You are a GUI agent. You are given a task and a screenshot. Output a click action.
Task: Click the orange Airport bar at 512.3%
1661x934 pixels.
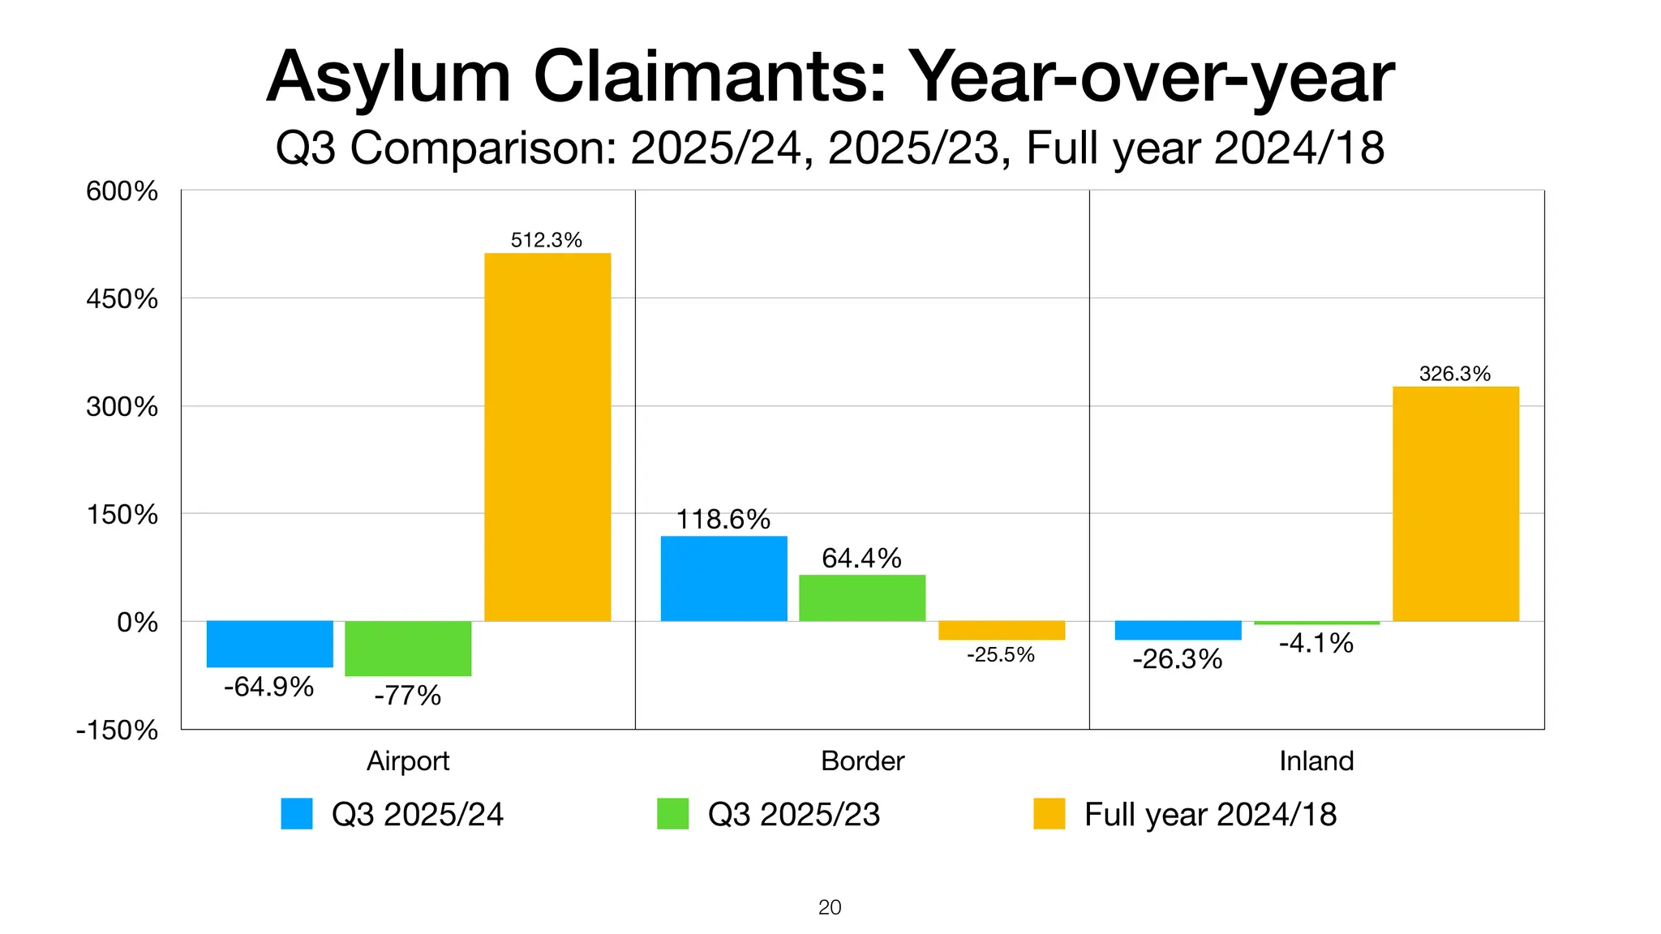(547, 437)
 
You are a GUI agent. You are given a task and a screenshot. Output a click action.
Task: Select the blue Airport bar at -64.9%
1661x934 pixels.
(270, 644)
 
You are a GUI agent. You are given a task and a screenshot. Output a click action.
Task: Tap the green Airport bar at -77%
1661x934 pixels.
(408, 648)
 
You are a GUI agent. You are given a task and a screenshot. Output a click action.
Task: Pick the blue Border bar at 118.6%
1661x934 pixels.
(723, 578)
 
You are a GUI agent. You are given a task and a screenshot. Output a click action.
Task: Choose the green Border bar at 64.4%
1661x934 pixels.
(862, 598)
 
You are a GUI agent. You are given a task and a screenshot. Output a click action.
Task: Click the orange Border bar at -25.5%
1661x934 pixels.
(1002, 630)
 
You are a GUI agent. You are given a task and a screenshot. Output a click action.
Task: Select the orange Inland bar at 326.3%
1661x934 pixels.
(1456, 503)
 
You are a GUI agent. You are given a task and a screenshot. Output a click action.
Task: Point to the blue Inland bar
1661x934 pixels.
(1178, 630)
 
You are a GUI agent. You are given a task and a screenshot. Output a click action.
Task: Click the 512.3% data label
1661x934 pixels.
(547, 240)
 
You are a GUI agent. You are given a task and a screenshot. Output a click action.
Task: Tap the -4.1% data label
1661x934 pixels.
(1316, 644)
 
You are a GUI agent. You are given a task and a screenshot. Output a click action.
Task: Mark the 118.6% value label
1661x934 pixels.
(723, 519)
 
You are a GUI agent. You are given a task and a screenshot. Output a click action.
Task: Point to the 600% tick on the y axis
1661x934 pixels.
(122, 191)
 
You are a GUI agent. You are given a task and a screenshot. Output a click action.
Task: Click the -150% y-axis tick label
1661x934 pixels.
(117, 730)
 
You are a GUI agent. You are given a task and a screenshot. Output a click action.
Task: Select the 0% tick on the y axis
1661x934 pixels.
(137, 622)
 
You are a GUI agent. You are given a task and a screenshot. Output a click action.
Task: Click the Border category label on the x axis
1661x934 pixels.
(862, 760)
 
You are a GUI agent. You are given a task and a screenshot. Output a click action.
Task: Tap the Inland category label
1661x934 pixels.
(1316, 760)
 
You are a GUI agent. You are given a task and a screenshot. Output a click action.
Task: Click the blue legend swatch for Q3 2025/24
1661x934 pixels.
(297, 814)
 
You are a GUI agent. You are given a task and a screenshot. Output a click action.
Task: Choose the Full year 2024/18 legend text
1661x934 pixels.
(1210, 814)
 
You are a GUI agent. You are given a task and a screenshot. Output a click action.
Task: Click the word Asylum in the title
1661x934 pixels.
(388, 78)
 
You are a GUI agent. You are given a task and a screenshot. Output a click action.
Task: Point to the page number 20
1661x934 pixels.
(830, 907)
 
